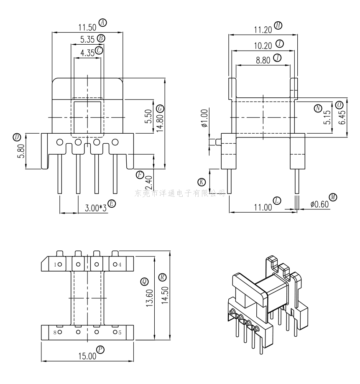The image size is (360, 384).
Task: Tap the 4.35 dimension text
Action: pos(87,53)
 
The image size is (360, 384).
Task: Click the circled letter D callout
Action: pos(17,137)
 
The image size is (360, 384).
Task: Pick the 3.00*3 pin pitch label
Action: pos(95,208)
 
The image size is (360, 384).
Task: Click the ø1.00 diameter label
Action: pos(204,118)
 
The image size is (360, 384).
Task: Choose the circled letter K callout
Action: pos(202,182)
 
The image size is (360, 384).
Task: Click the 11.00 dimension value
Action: pos(263,206)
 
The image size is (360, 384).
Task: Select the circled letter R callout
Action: pos(162,277)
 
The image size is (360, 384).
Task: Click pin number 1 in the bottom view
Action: pos(55,264)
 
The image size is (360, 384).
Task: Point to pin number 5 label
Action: pos(120,333)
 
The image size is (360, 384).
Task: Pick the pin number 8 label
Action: pos(55,333)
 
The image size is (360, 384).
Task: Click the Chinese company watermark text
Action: pos(180,193)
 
